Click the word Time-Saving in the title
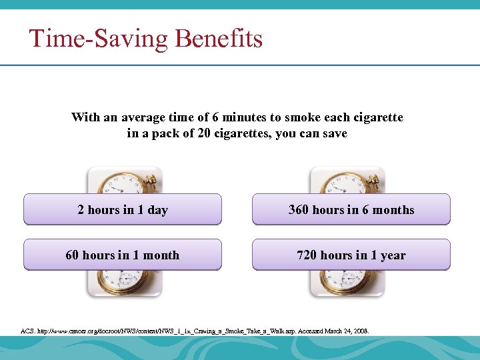(99, 39)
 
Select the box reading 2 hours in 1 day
(123, 210)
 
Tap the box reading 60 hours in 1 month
(123, 255)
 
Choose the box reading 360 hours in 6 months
(351, 210)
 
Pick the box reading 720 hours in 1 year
(351, 255)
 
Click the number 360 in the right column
(299, 210)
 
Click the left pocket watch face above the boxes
(123, 181)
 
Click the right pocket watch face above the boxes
(345, 181)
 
